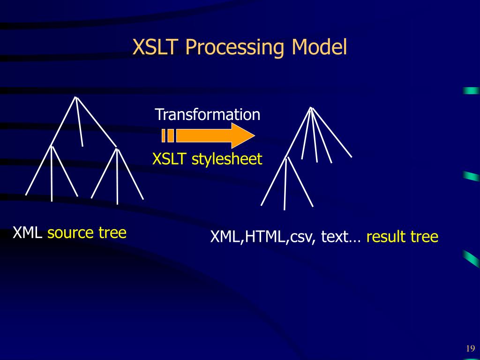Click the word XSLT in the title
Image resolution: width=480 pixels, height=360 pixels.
click(x=156, y=48)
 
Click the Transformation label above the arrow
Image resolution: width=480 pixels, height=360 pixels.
click(x=207, y=114)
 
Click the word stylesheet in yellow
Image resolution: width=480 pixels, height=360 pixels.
click(x=227, y=159)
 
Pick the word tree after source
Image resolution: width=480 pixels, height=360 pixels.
click(x=112, y=232)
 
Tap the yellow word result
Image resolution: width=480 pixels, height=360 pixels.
click(x=386, y=237)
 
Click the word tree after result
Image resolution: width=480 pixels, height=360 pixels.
click(x=424, y=237)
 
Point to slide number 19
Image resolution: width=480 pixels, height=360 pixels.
click(x=470, y=348)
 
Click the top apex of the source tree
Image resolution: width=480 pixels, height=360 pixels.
click(x=75, y=97)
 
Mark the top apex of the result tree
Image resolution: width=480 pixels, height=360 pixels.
click(x=311, y=108)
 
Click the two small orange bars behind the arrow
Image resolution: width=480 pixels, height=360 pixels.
click(x=168, y=136)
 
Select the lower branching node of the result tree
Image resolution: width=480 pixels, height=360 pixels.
click(x=287, y=157)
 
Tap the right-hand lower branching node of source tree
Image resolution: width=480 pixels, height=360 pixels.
click(x=117, y=149)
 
